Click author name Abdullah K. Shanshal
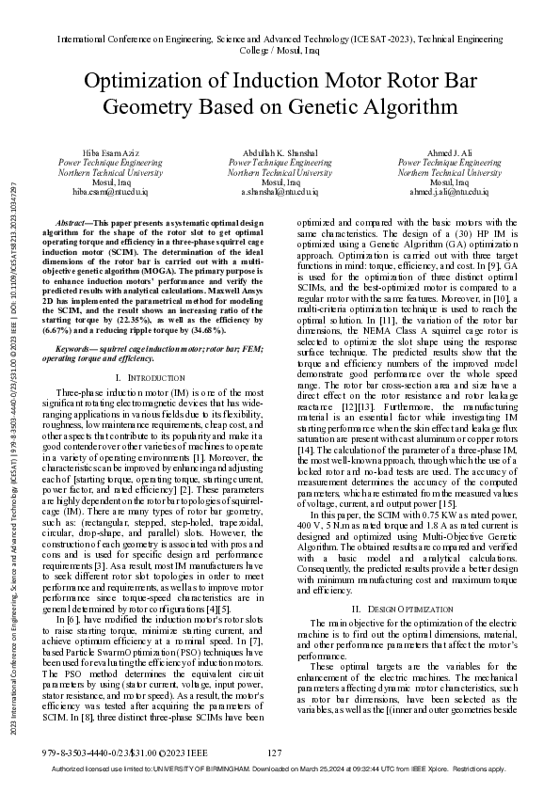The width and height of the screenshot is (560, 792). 280,152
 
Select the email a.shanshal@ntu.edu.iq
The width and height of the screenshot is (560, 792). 280,191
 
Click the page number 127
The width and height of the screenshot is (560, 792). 276,752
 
